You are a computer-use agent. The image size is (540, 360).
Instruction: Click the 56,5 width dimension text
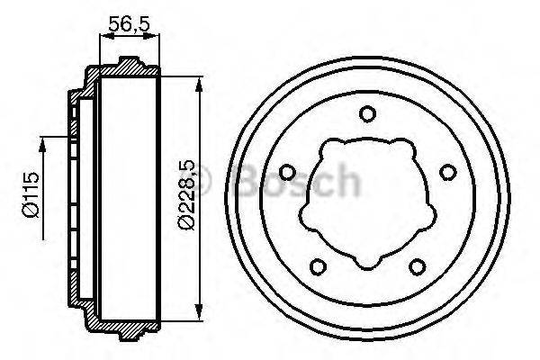point(128,23)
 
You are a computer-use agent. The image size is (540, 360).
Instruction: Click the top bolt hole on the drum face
point(366,113)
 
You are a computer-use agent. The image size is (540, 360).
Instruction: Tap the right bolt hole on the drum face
point(445,172)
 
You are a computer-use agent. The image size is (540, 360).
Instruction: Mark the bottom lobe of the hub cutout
point(366,262)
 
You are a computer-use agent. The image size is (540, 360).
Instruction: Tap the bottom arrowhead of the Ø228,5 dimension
point(196,319)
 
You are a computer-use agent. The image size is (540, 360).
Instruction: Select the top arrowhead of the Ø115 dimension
point(41,140)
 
